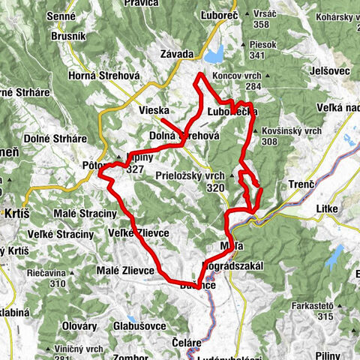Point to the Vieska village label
pos(154,111)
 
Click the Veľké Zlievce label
pos(142,234)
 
